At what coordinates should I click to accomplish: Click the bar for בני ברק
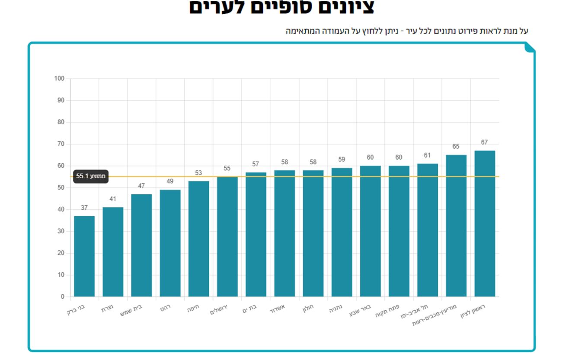[84, 256]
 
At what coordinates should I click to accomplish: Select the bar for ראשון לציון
[485, 223]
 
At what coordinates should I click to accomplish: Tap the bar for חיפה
[199, 239]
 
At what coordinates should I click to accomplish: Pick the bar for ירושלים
[227, 237]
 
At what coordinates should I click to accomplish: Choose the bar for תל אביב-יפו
[428, 230]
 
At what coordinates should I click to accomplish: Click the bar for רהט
[170, 243]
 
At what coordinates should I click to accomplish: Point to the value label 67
[485, 142]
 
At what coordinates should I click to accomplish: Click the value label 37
[84, 208]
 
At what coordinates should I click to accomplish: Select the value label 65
[456, 147]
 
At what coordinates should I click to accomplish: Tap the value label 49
[170, 182]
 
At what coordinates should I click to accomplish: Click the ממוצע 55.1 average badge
[91, 177]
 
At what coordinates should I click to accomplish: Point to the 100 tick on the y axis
[59, 79]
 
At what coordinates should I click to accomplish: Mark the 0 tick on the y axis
[62, 297]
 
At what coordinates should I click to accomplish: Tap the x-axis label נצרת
[108, 310]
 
